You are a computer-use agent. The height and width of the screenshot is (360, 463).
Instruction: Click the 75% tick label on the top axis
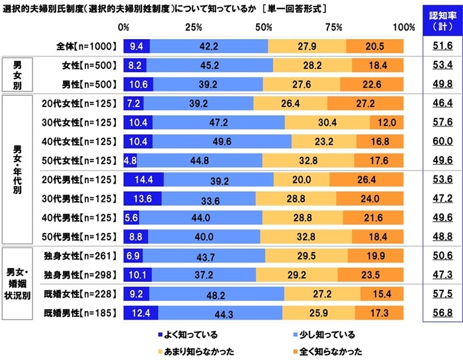pyautogui.click(x=333, y=27)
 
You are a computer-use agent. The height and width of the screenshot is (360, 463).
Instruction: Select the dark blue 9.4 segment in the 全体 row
pyautogui.click(x=136, y=46)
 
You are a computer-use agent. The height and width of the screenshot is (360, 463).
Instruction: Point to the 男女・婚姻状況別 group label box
pyautogui.click(x=17, y=283)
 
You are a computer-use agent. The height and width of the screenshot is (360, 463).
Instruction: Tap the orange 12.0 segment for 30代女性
pyautogui.click(x=387, y=122)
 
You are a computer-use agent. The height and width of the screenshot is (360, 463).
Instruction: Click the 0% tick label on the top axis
pyautogui.click(x=123, y=27)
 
